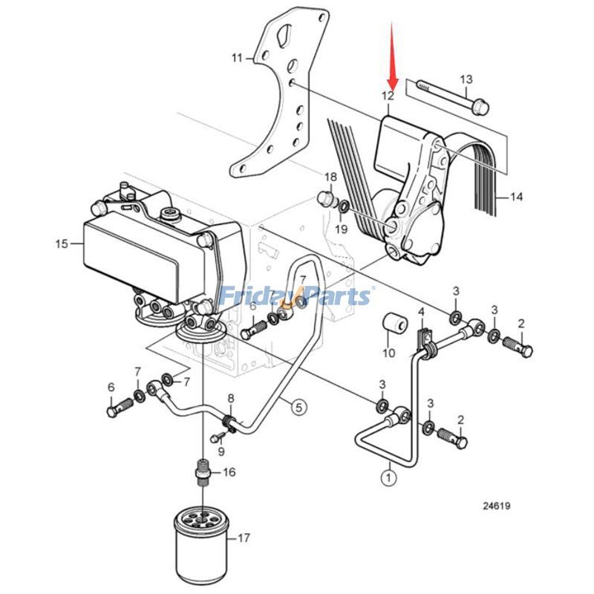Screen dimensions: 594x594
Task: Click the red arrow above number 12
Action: (x=394, y=56)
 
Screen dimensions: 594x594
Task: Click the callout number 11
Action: (x=237, y=57)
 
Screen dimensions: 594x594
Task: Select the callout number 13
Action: (x=466, y=79)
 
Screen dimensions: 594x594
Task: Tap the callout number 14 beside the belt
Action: (x=516, y=197)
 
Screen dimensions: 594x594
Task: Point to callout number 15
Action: (x=62, y=243)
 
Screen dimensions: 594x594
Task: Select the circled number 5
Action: (x=298, y=406)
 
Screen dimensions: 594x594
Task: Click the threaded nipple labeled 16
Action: (x=202, y=471)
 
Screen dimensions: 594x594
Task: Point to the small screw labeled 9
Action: (x=219, y=436)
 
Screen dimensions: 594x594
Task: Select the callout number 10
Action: (x=388, y=353)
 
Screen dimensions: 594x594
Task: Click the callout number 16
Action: (x=228, y=471)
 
